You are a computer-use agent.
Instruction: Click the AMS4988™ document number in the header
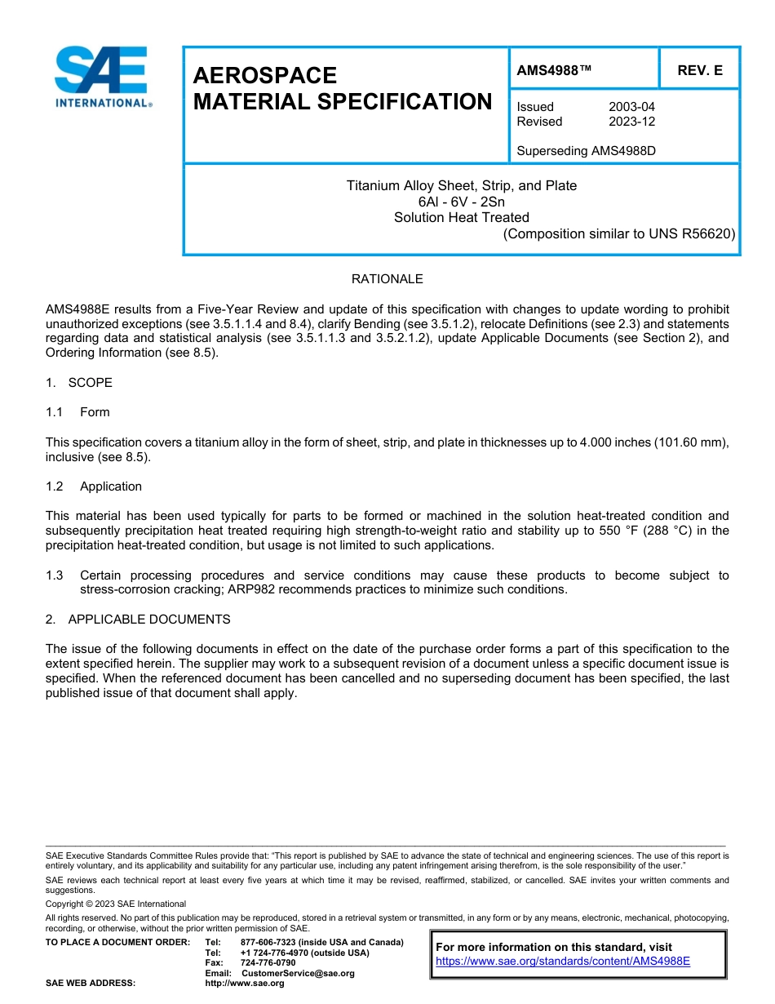[553, 70]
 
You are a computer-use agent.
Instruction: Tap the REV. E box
[699, 70]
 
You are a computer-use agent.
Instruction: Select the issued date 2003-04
[631, 107]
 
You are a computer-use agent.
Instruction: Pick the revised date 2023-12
[631, 122]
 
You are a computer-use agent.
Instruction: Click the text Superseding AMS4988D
[586, 151]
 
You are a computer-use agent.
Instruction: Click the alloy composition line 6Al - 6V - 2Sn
[461, 202]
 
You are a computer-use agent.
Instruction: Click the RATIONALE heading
[387, 279]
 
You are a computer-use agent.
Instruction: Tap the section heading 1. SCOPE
[79, 383]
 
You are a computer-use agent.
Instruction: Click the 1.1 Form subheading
[77, 412]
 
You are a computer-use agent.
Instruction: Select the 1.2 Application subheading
[94, 486]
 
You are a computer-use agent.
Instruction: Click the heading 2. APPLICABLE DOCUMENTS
[138, 620]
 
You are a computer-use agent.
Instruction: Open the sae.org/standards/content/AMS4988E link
[562, 961]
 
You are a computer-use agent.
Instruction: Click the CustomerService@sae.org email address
[298, 973]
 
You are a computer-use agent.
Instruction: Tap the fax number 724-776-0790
[268, 963]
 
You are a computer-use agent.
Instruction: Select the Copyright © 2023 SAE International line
[116, 904]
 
